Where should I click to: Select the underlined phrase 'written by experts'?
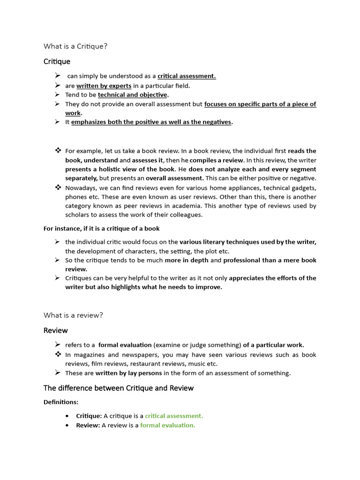click(104, 86)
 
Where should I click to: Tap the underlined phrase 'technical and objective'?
click(132, 95)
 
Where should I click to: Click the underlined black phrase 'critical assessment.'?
click(187, 76)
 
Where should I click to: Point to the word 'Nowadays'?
click(80, 187)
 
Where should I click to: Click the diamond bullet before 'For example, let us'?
click(58, 150)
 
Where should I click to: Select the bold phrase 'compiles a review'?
click(217, 160)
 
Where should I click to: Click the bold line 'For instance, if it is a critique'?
click(101, 229)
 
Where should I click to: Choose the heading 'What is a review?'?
click(73, 315)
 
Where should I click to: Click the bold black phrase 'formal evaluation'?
click(125, 345)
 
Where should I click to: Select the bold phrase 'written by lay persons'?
click(128, 373)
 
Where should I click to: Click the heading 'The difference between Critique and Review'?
click(118, 388)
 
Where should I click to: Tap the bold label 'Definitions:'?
click(61, 402)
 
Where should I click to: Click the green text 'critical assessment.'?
click(174, 416)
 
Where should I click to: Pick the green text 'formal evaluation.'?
click(167, 425)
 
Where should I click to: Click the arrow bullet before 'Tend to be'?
click(57, 95)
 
